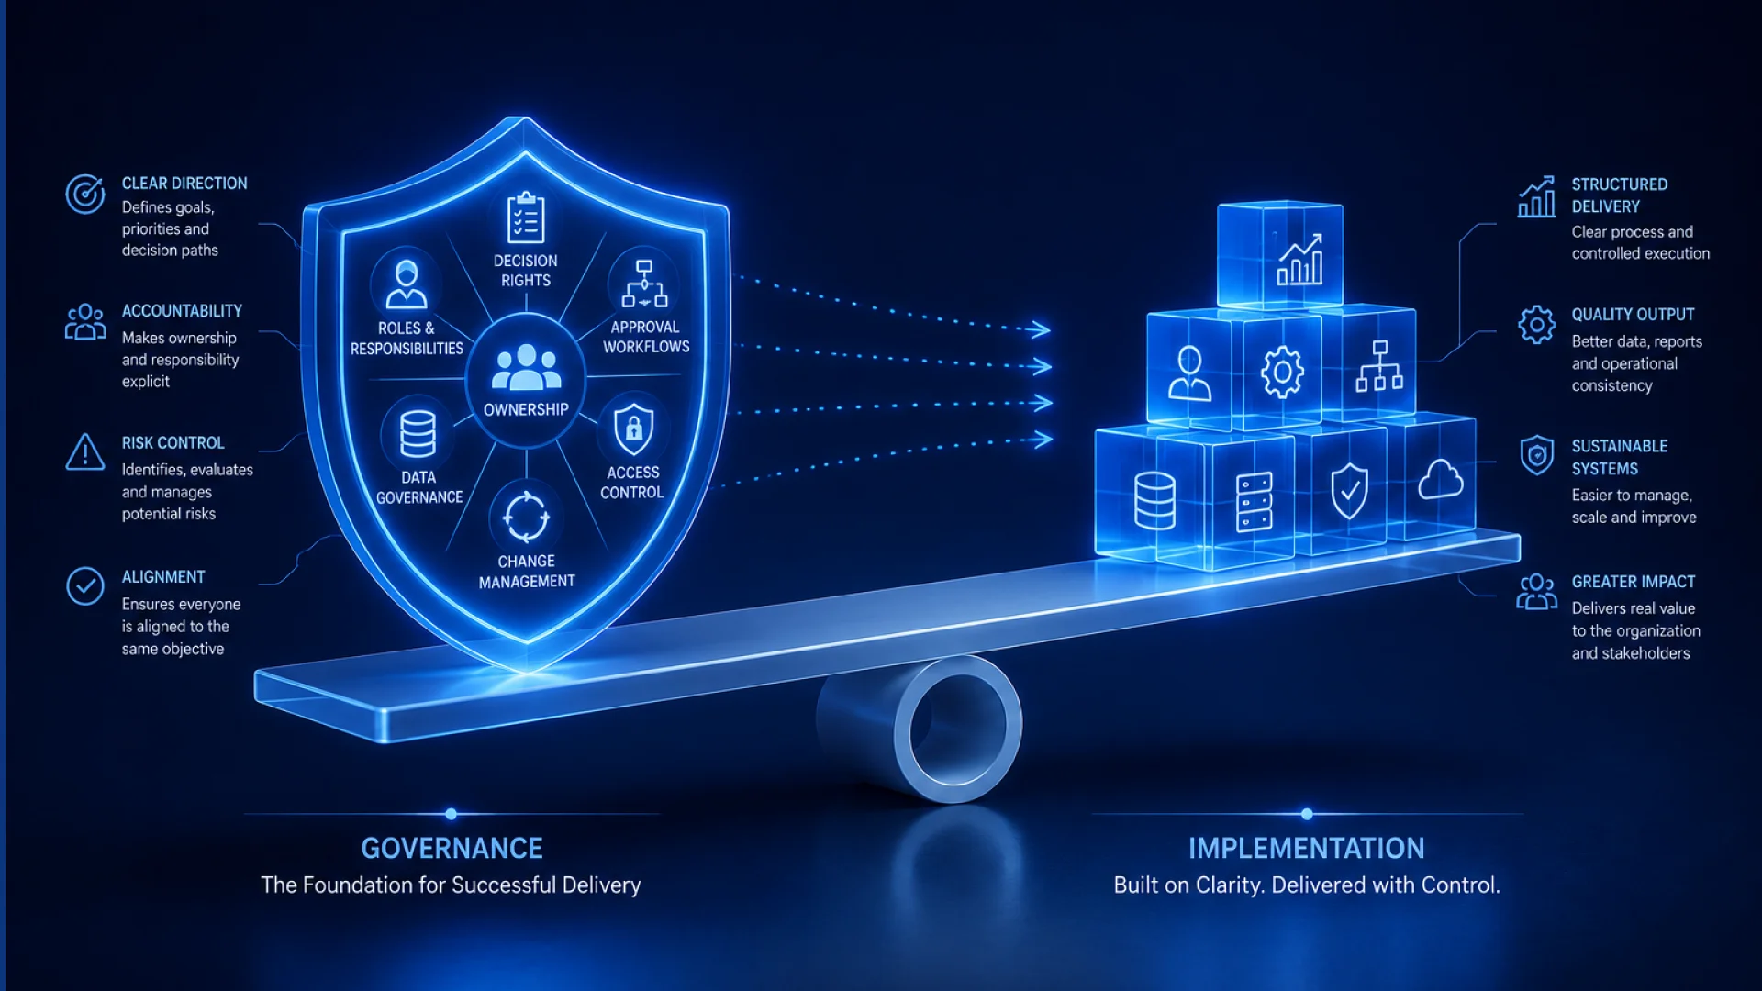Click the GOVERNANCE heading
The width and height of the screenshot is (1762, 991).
(x=452, y=848)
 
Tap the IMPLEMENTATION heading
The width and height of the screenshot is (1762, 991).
(x=1306, y=848)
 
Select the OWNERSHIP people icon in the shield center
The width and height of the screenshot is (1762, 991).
(x=526, y=368)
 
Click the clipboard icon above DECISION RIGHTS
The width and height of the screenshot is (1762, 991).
(x=526, y=217)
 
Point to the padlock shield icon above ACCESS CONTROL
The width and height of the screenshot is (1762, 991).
(x=633, y=429)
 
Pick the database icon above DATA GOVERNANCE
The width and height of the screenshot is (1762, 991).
(x=418, y=433)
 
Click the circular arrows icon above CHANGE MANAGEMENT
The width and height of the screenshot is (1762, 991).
(x=526, y=517)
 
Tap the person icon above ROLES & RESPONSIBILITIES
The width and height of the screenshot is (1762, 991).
(x=406, y=284)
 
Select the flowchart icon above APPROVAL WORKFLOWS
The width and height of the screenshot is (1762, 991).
(x=644, y=284)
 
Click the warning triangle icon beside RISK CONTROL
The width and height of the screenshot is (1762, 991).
(x=85, y=452)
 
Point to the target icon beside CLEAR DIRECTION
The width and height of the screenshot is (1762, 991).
(x=85, y=194)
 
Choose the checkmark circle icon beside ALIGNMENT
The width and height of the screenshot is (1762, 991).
(x=85, y=585)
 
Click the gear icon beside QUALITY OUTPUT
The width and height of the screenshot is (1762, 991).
(x=1536, y=325)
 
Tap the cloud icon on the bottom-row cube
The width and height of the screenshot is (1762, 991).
(x=1441, y=479)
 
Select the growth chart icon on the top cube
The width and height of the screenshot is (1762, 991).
(x=1299, y=259)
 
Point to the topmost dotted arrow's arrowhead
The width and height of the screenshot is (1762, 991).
(x=1039, y=329)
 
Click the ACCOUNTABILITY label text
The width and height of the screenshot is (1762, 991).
(x=182, y=311)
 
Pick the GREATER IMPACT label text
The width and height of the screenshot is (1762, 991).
(x=1634, y=582)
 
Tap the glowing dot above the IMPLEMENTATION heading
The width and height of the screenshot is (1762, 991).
(x=1307, y=814)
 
